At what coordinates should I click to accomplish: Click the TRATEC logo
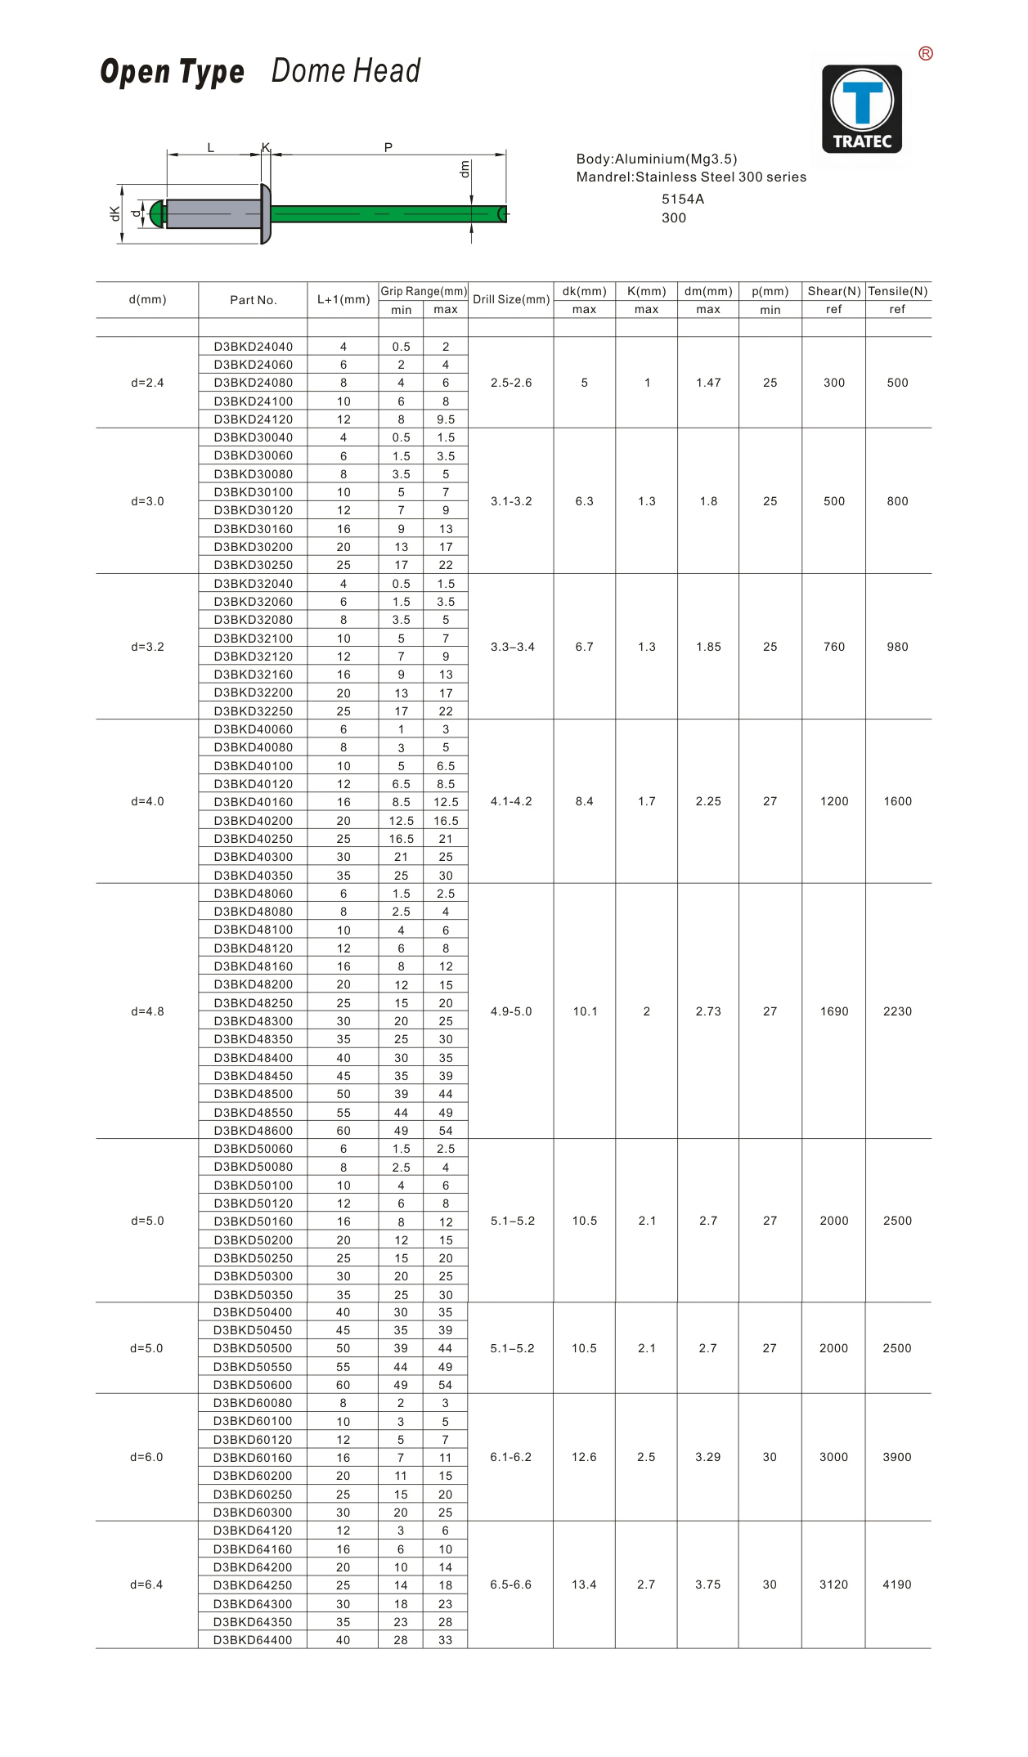[862, 110]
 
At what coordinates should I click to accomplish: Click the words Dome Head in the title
[345, 71]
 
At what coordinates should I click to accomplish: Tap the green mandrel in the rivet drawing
[384, 214]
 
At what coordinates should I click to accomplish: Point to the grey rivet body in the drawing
[213, 214]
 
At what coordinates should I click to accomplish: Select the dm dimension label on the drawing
[465, 169]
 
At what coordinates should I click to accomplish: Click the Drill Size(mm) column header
[511, 299]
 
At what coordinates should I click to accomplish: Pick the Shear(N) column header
[833, 291]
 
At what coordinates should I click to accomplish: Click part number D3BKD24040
[253, 347]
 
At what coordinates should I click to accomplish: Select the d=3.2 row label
[147, 647]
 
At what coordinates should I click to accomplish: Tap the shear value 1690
[833, 1011]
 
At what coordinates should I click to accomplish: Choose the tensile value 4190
[896, 1584]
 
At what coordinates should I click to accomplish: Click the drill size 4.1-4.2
[511, 801]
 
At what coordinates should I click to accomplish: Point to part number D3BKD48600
[253, 1131]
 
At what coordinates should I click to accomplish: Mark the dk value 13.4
[584, 1584]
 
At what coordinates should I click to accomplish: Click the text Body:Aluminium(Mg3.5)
[657, 159]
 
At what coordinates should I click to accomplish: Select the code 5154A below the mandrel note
[682, 199]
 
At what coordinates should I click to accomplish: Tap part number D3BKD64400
[253, 1639]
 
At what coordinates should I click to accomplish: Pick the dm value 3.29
[707, 1457]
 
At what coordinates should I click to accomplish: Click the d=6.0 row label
[146, 1457]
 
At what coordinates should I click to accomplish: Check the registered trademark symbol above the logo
[926, 54]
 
